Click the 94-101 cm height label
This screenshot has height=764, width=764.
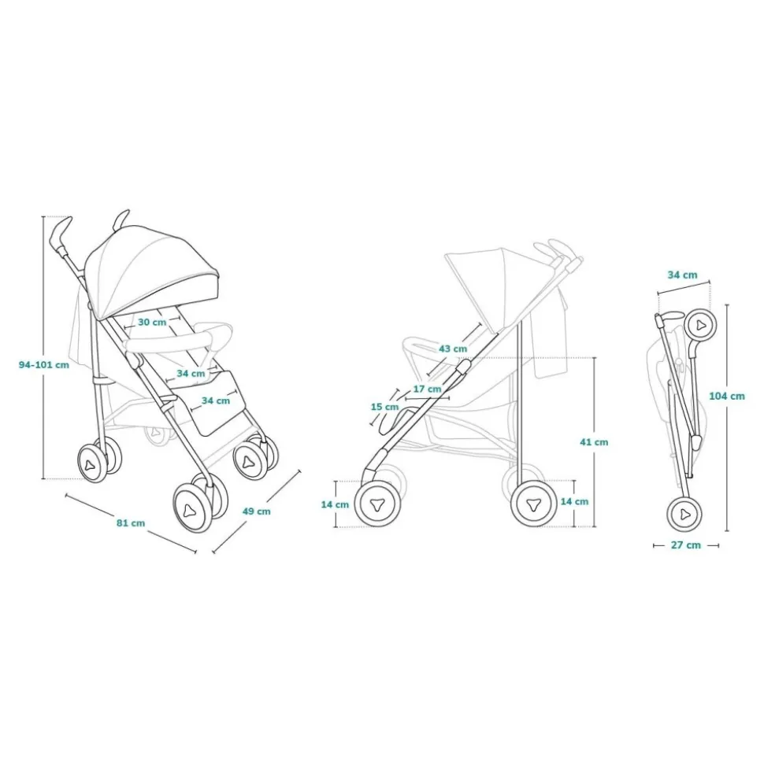click(44, 364)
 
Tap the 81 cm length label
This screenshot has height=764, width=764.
click(131, 522)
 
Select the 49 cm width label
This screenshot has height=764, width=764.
click(257, 511)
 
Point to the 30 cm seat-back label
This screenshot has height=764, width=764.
click(152, 322)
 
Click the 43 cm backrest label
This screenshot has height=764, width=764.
click(453, 349)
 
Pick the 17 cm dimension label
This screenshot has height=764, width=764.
click(428, 389)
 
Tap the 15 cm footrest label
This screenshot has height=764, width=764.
click(385, 406)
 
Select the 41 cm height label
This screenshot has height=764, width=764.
click(594, 442)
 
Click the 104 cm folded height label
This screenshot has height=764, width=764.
click(727, 396)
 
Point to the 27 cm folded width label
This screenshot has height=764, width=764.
click(686, 545)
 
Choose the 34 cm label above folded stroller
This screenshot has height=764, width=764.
click(683, 275)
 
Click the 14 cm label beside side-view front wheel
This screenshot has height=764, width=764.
click(335, 504)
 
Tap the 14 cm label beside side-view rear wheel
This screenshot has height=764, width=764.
click(574, 501)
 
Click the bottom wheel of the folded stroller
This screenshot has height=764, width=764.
click(684, 514)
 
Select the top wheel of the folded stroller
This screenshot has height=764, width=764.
click(700, 325)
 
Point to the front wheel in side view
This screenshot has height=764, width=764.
click(377, 504)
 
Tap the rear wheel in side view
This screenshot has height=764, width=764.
click(534, 504)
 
